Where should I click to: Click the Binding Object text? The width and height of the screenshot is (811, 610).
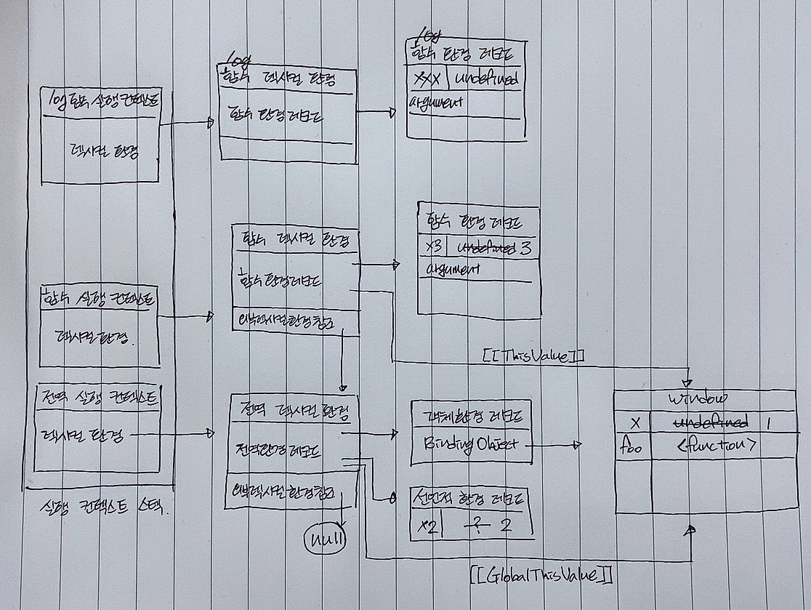tap(470, 444)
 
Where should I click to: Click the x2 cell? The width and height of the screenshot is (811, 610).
tap(426, 526)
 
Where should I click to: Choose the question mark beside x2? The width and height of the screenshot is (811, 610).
tap(476, 525)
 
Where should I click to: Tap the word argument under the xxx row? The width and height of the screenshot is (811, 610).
tap(437, 102)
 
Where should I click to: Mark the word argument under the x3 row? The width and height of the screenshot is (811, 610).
tap(450, 269)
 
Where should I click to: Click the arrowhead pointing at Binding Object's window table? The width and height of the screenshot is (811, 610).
tap(578, 444)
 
